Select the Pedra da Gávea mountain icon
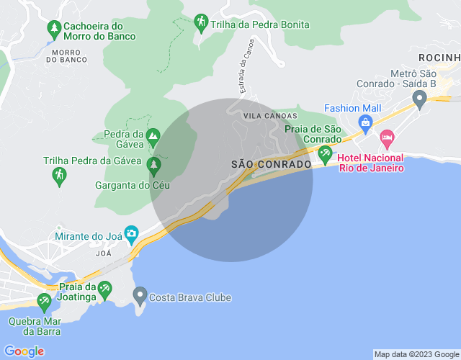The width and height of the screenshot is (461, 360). pyautogui.click(x=153, y=135)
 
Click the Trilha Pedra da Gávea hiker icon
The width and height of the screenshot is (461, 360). pyautogui.click(x=59, y=174)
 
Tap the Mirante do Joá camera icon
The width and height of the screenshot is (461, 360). pyautogui.click(x=131, y=233)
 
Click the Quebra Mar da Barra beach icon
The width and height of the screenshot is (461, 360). pyautogui.click(x=45, y=300)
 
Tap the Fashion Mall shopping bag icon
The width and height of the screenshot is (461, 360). pyautogui.click(x=366, y=123)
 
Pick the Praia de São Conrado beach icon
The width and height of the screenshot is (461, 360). pyautogui.click(x=325, y=152)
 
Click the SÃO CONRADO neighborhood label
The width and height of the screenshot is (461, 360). pyautogui.click(x=272, y=164)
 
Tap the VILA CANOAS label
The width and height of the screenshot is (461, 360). pyautogui.click(x=270, y=116)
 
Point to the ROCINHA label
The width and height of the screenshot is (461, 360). pyautogui.click(x=440, y=57)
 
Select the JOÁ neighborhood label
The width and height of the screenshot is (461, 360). pyautogui.click(x=104, y=253)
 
